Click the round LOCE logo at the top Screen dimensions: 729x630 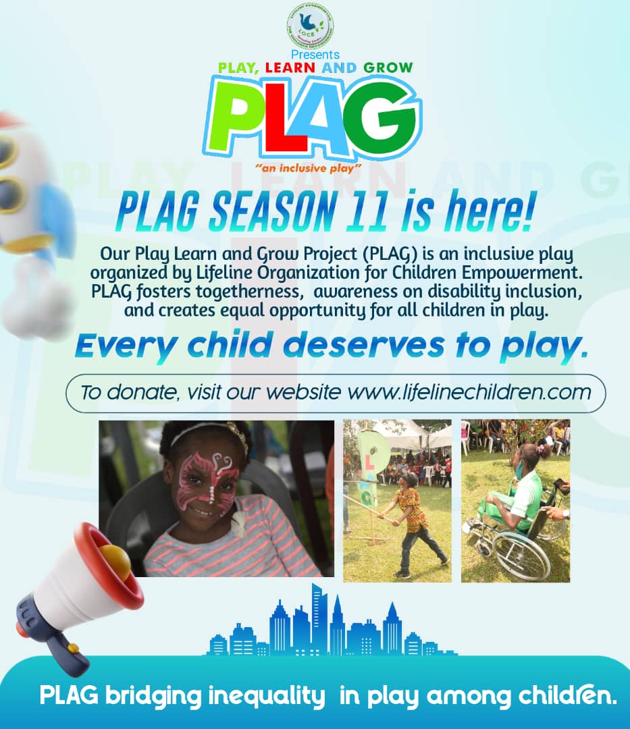coord(310,27)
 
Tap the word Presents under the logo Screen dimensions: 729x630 coord(315,55)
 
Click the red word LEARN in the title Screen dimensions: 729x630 coord(282,68)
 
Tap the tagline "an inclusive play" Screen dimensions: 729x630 coord(316,166)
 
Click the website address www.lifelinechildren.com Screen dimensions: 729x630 coord(469,392)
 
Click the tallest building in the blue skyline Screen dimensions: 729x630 coord(317,617)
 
